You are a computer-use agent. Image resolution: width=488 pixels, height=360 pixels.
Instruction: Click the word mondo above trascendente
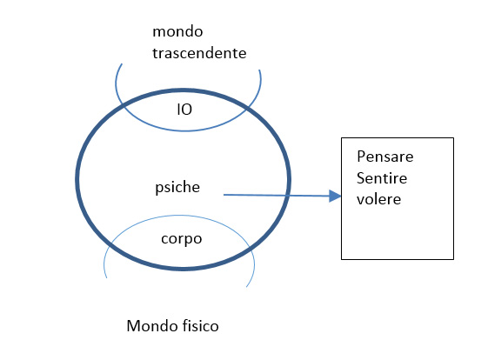(x=177, y=31)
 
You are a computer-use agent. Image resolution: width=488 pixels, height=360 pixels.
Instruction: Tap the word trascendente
(x=199, y=53)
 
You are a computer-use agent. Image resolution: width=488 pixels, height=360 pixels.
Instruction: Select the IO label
(x=184, y=110)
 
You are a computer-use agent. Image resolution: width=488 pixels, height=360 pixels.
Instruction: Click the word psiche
(x=177, y=187)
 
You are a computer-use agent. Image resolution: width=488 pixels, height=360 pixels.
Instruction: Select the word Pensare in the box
(x=385, y=157)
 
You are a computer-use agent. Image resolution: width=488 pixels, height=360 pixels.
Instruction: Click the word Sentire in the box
(x=382, y=178)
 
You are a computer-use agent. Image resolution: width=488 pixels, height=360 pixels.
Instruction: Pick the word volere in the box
(x=378, y=199)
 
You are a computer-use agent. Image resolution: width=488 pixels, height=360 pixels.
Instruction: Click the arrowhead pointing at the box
(x=335, y=196)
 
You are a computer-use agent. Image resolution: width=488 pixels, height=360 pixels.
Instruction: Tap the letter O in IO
(x=186, y=110)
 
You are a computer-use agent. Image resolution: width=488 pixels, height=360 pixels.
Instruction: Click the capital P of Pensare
(x=361, y=157)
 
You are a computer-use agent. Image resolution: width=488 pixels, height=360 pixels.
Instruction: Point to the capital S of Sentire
(x=361, y=178)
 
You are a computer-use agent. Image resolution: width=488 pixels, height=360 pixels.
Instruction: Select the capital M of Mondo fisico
(x=133, y=326)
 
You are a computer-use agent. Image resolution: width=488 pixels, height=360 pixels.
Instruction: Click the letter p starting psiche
(x=158, y=189)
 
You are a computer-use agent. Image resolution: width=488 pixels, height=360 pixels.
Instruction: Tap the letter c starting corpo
(x=164, y=239)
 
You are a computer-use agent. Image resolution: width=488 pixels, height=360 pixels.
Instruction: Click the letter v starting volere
(x=360, y=200)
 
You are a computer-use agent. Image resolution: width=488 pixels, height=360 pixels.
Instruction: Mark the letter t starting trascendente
(x=155, y=54)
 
